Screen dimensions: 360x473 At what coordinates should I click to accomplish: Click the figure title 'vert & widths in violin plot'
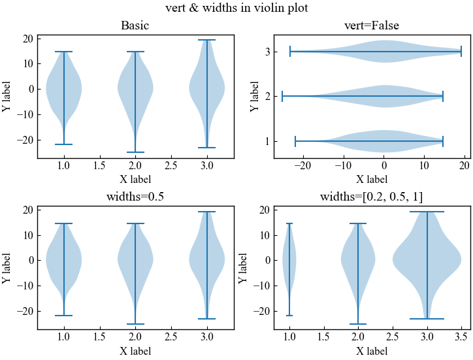pos(236,8)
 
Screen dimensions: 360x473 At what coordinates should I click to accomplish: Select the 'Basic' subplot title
pos(135,26)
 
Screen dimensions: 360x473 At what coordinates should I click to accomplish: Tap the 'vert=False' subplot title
pos(372,26)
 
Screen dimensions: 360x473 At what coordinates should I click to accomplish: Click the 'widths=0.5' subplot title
pos(135,197)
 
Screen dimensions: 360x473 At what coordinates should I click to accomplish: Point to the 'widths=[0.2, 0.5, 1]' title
pos(372,197)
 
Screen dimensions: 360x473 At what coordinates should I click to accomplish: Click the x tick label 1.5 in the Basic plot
pos(100,166)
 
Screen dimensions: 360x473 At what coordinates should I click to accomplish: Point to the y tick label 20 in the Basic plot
pos(27,39)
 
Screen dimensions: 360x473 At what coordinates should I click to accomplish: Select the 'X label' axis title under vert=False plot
pos(372,179)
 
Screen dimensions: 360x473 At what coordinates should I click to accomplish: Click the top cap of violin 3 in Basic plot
pos(207,40)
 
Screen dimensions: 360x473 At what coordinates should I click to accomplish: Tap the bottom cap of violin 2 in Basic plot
pos(135,152)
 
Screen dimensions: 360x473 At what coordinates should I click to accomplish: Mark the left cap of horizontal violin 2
pos(282,97)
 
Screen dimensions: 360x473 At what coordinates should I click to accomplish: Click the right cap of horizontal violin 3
pos(461,52)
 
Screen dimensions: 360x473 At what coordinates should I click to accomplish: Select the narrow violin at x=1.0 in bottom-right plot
pos(289,261)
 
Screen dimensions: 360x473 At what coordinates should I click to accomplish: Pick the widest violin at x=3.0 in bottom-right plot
pos(427,261)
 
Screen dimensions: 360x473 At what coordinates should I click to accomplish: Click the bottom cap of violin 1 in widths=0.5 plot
pos(64,316)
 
